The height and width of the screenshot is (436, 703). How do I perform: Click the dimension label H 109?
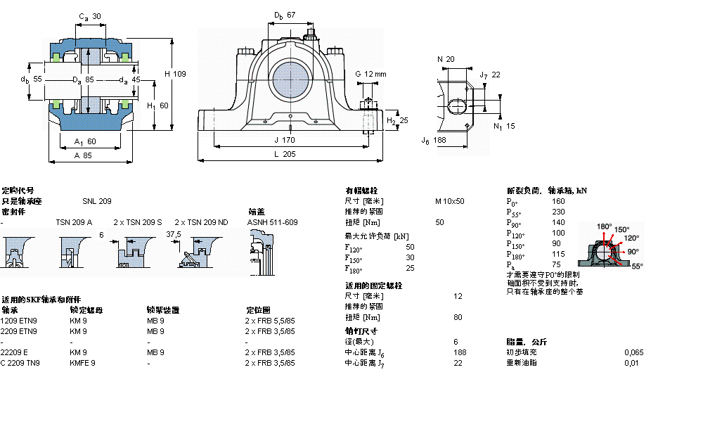tap(175, 74)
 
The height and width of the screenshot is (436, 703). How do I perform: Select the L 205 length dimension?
tap(284, 154)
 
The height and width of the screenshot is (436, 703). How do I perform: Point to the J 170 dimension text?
tap(285, 140)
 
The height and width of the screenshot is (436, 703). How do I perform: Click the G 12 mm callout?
tap(370, 74)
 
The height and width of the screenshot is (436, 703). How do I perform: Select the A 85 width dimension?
tap(83, 155)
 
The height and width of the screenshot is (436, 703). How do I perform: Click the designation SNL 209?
tap(96, 201)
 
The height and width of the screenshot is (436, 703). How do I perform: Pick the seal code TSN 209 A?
tap(74, 222)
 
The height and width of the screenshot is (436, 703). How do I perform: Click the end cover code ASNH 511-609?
tap(272, 222)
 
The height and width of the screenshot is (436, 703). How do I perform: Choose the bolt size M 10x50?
tap(449, 201)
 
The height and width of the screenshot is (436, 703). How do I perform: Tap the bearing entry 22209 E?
tap(15, 352)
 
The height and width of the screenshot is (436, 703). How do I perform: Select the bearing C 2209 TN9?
tap(20, 363)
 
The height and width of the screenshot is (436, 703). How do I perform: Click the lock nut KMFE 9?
tap(82, 363)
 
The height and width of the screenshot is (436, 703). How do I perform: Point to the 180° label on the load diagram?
tap(604, 226)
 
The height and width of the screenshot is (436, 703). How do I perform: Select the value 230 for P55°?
tap(558, 212)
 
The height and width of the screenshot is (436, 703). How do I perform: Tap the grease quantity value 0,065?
tap(633, 352)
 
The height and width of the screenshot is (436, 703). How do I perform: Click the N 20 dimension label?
tap(446, 59)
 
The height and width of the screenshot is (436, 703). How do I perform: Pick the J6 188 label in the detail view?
tap(434, 141)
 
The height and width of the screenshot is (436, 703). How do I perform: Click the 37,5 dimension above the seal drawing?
tap(173, 234)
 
